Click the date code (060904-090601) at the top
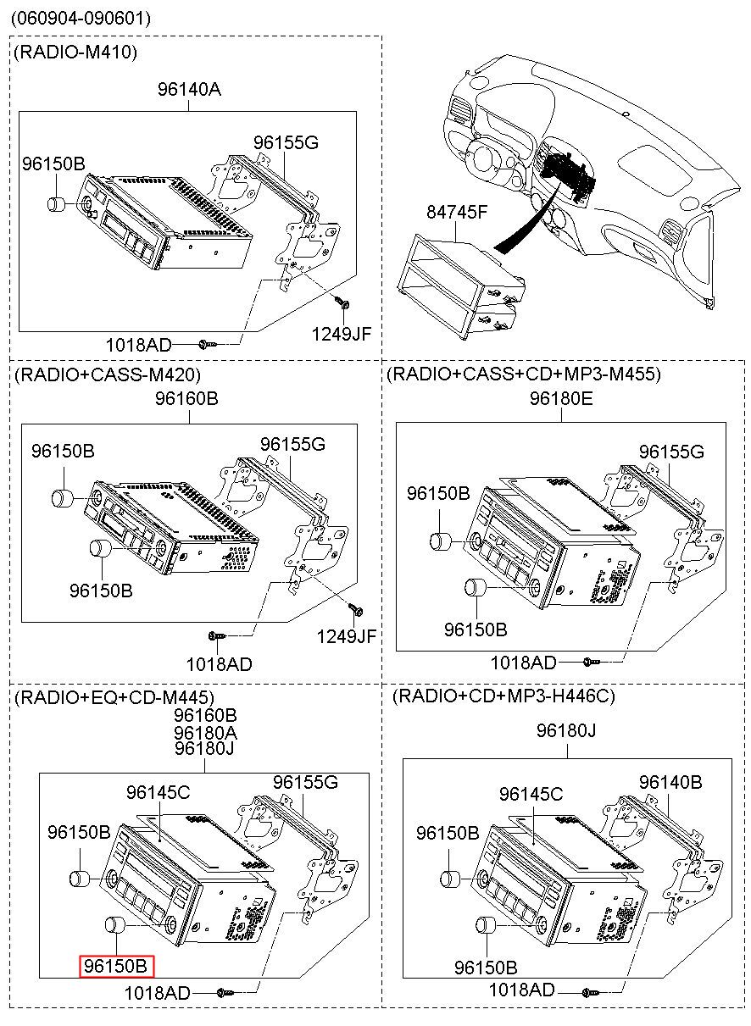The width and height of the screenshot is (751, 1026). (81, 18)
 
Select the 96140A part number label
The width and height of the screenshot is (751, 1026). (188, 88)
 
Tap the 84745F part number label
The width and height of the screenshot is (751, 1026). (456, 212)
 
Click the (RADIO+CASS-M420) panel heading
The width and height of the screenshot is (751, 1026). (107, 374)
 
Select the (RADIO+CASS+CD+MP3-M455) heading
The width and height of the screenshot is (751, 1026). (523, 374)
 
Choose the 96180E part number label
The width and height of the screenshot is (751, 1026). (561, 397)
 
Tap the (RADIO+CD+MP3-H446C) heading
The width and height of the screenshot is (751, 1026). (504, 696)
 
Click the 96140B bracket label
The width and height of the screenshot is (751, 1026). (670, 782)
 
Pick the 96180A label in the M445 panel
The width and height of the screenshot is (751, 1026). (205, 732)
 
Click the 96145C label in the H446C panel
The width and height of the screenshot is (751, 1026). (531, 794)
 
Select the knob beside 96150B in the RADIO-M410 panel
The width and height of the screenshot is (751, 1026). (58, 204)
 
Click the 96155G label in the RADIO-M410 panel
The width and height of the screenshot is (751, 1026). (286, 142)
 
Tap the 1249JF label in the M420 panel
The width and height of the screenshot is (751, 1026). (347, 636)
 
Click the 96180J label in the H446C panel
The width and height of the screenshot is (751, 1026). (565, 729)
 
